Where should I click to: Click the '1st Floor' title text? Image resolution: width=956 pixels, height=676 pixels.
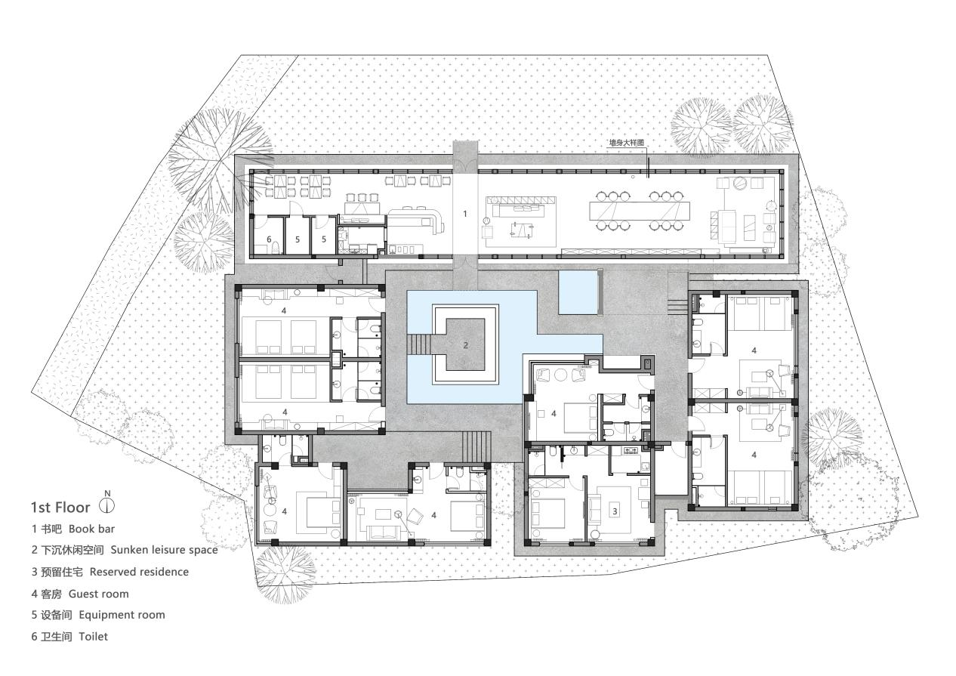(60, 507)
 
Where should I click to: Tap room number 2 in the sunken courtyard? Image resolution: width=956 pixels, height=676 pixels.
(466, 345)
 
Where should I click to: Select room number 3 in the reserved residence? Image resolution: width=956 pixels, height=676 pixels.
(615, 511)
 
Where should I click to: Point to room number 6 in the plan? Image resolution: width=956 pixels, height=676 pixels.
(269, 239)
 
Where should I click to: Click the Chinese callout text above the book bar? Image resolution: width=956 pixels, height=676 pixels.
(628, 141)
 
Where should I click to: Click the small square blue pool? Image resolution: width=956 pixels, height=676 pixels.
(579, 292)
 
